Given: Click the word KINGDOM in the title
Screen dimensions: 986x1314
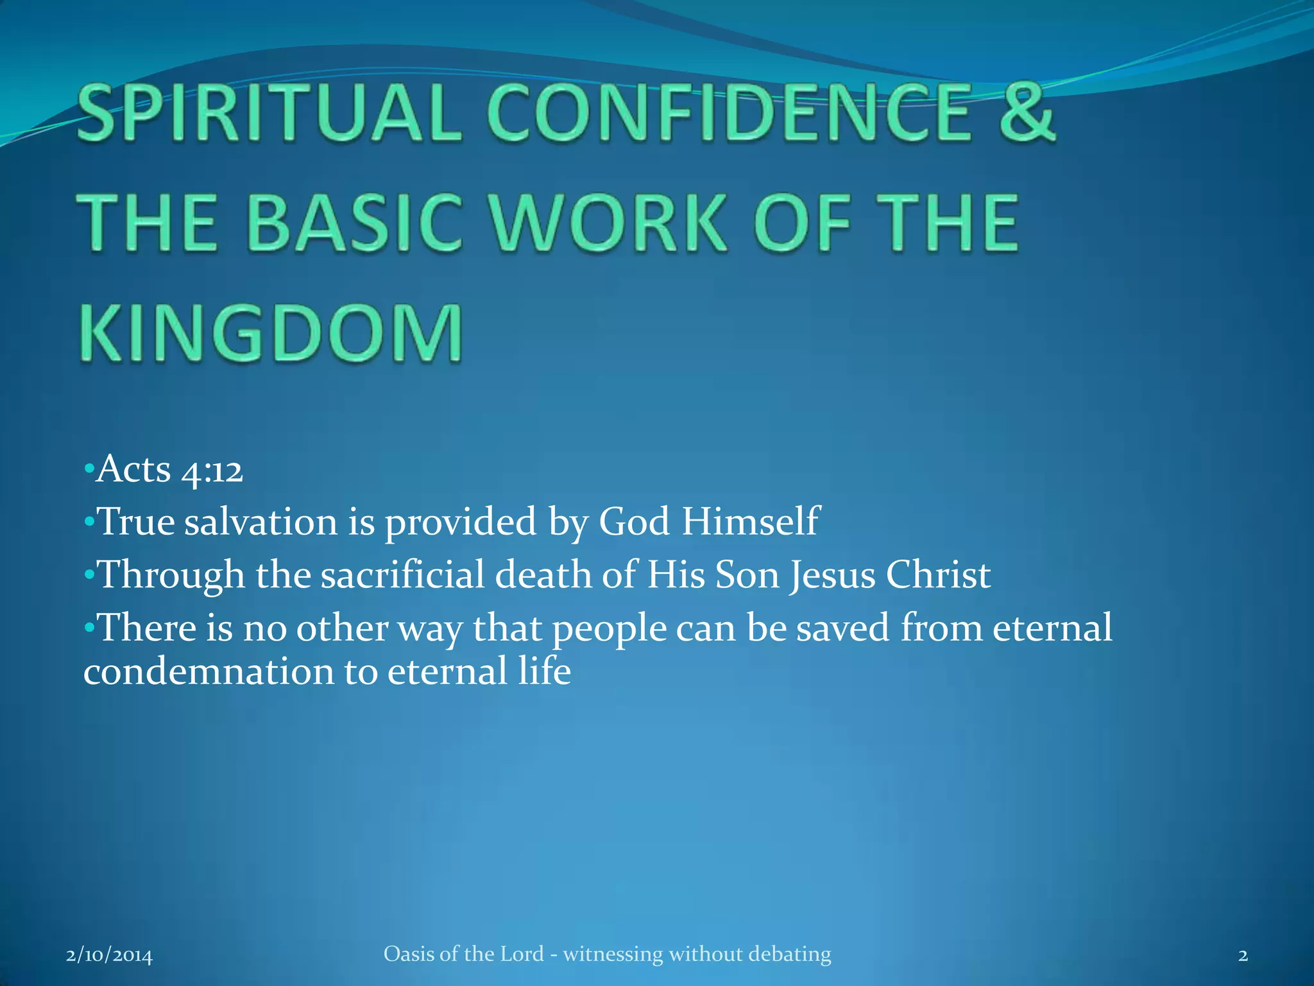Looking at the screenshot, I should [x=271, y=333].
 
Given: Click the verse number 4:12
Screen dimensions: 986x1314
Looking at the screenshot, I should [x=212, y=471].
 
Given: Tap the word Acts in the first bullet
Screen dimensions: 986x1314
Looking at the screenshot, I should [x=134, y=469].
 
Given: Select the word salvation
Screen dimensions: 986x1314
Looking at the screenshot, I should [x=261, y=521].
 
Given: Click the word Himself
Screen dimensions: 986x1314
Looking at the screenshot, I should [x=750, y=521].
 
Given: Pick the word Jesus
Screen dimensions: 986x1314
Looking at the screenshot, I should [x=832, y=575].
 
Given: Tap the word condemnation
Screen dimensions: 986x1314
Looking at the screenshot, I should [x=208, y=672].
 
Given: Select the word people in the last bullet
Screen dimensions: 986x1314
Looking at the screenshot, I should [x=610, y=629].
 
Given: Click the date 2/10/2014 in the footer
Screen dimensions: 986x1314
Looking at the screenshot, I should [x=110, y=956].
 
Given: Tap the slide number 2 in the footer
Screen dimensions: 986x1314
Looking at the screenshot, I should [x=1243, y=956].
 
